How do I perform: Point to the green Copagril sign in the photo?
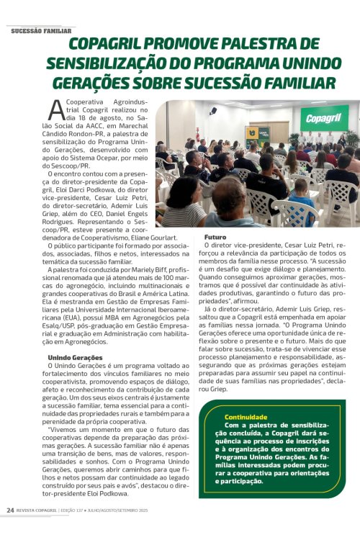coord(324,117)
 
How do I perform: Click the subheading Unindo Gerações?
coord(75,358)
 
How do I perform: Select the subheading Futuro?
coord(215,237)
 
